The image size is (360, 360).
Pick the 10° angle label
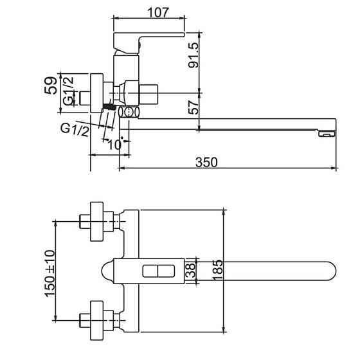click(x=114, y=145)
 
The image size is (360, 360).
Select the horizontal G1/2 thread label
click(x=73, y=129)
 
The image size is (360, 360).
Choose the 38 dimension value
click(x=190, y=271)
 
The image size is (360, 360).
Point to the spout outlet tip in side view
click(x=327, y=134)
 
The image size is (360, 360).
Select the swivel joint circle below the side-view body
click(x=129, y=112)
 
